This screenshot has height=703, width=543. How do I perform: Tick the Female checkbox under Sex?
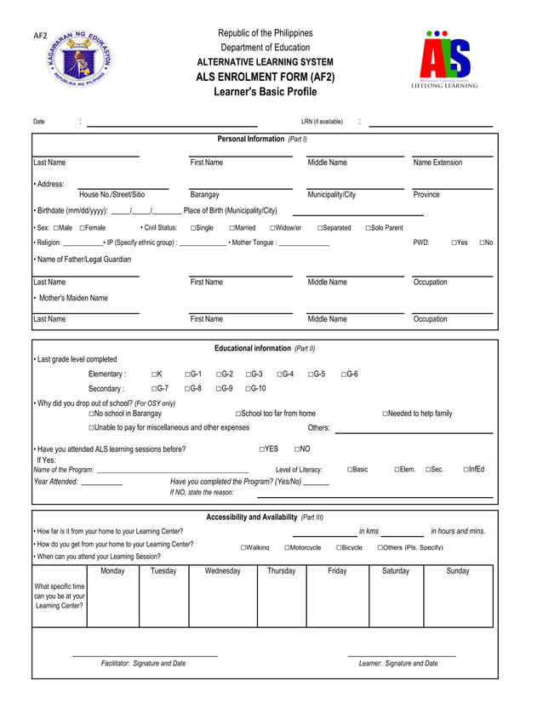pos(83,228)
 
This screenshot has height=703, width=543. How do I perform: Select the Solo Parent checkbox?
pos(369,228)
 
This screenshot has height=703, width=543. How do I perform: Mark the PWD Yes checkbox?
pos(454,243)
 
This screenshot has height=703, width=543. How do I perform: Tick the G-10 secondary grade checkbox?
pos(249,389)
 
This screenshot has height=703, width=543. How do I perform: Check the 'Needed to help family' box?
pos(386,414)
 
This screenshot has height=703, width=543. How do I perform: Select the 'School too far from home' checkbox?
pos(238,414)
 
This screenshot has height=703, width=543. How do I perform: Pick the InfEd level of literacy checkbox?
pos(466,469)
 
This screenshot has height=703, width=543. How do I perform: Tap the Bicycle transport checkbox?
pos(339,547)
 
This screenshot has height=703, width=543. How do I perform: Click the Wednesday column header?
pos(222,571)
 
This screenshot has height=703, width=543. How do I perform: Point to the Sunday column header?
pos(458,571)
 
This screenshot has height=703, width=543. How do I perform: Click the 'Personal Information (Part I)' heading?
pos(262,139)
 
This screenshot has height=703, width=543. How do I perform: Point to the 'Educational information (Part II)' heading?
pos(265,348)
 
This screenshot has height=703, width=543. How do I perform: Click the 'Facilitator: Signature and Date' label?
pos(143,663)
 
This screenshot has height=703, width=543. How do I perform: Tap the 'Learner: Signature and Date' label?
pos(398,663)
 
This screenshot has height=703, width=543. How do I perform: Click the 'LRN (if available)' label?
pos(322,122)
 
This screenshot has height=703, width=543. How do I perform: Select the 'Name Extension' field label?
pos(437,163)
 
